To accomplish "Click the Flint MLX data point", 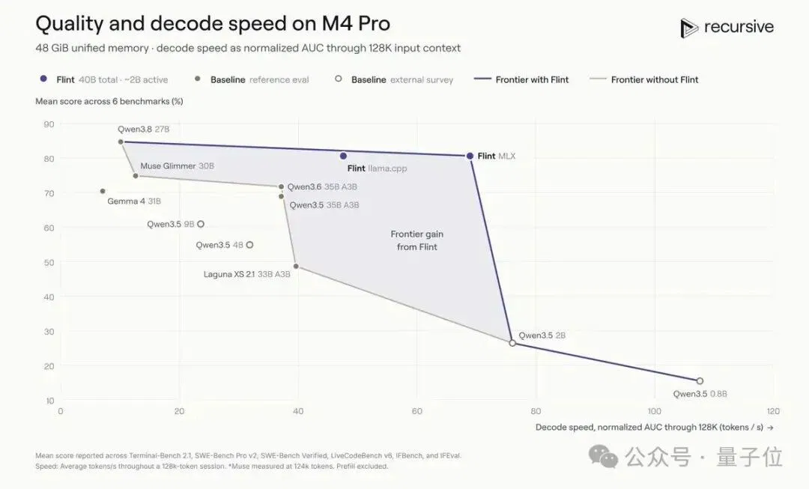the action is point(470,156).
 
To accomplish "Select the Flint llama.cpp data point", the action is point(343,156).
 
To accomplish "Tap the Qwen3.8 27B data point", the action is point(121,142).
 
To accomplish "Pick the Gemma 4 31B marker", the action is point(103,192).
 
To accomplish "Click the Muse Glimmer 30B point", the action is point(136,176).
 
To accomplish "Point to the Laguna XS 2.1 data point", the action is point(296,267).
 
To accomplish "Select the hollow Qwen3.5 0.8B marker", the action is point(700,381).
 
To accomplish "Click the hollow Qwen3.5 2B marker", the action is point(512,343).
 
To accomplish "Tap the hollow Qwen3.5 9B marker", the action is point(201,224).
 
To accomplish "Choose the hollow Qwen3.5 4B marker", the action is point(249,245).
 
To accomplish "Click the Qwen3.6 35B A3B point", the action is point(281,186).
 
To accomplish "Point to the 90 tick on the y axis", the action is point(49,124).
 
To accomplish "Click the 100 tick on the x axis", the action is point(654,411).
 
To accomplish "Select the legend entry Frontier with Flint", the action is point(521,79).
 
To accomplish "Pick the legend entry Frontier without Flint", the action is point(644,79).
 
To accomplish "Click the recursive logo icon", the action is point(688,28).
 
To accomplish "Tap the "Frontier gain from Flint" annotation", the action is point(417,240).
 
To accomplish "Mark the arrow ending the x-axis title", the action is point(770,428).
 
